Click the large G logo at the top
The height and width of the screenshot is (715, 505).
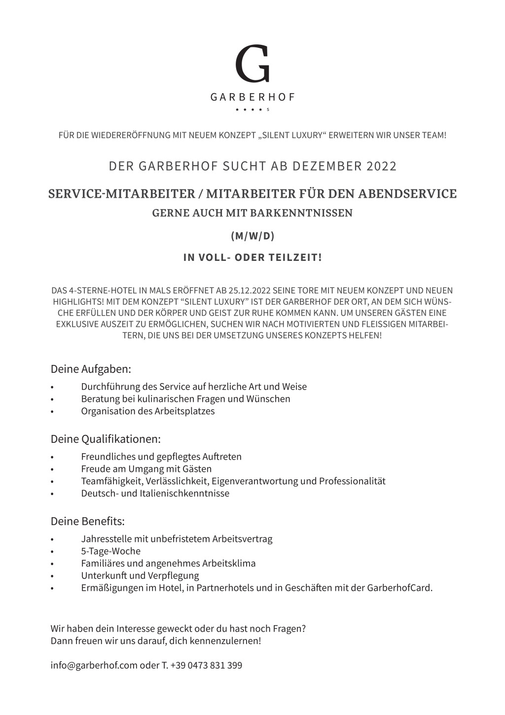[x=252, y=64]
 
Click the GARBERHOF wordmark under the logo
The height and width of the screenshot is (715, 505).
[x=252, y=97]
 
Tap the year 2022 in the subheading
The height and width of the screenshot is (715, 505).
[x=381, y=166]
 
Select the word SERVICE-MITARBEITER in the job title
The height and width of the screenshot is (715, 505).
[x=121, y=194]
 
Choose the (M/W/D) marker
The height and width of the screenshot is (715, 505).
[x=252, y=236]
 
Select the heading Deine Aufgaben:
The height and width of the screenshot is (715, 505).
[x=91, y=369]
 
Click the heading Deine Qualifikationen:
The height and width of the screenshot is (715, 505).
[x=106, y=439]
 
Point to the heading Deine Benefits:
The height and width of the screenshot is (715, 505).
[x=87, y=521]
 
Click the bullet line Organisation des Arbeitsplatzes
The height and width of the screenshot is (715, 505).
[x=148, y=411]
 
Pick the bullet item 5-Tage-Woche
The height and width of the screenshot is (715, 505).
[x=111, y=551]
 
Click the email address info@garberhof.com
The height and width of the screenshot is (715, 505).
[x=94, y=665]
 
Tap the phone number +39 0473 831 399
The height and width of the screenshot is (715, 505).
[x=206, y=665]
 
